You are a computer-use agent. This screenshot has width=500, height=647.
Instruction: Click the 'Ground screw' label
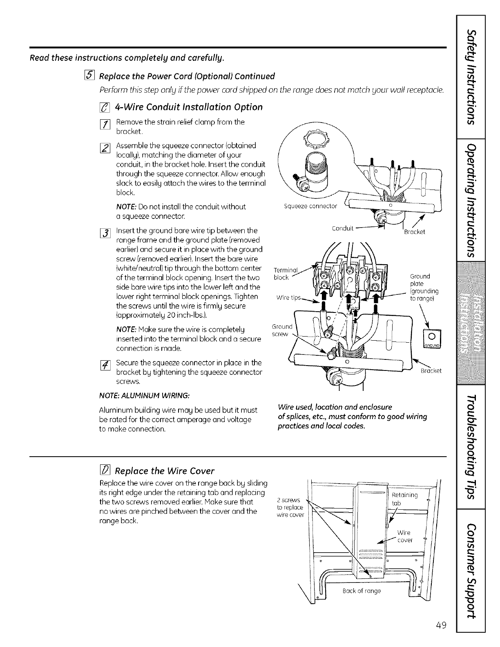(x=282, y=330)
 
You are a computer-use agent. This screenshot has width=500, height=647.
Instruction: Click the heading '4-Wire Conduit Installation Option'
(x=189, y=107)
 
